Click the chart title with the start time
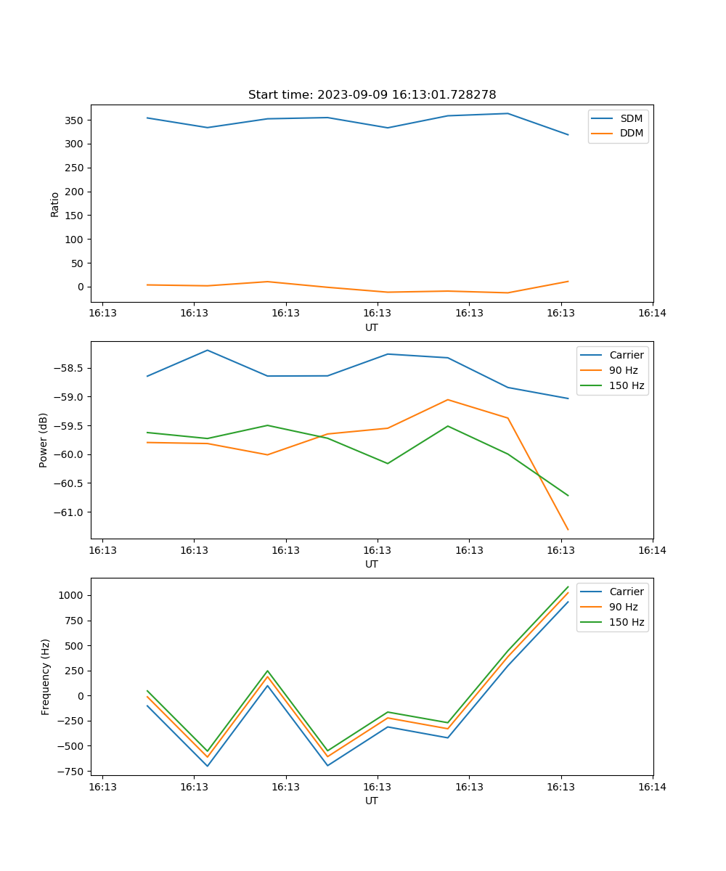[372, 95]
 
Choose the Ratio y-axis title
[55, 205]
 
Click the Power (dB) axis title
[44, 440]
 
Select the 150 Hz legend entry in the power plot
[626, 385]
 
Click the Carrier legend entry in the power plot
[626, 355]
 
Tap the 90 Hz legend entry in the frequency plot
[623, 607]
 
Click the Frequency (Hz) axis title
[46, 676]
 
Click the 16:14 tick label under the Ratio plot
[652, 313]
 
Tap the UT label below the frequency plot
[372, 801]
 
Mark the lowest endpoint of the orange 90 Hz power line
[568, 530]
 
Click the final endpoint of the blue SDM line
[568, 135]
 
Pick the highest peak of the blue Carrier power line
[208, 350]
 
